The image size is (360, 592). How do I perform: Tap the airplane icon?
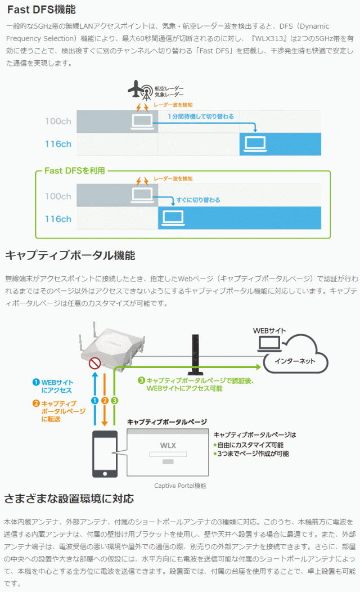tap(134, 88)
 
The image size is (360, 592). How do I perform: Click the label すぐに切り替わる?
tap(198, 200)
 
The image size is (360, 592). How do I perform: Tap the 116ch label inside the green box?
tap(58, 219)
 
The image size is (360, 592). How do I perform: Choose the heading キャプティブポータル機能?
tap(70, 255)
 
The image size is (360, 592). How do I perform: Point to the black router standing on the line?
tap(195, 355)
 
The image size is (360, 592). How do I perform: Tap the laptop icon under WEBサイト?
tap(267, 343)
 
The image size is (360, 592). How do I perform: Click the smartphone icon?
tap(105, 453)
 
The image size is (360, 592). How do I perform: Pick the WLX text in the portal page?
tap(168, 446)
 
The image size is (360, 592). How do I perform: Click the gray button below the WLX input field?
tap(168, 462)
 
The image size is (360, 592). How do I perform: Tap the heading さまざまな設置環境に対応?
tap(69, 499)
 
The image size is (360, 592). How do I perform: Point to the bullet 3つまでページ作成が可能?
tap(253, 454)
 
